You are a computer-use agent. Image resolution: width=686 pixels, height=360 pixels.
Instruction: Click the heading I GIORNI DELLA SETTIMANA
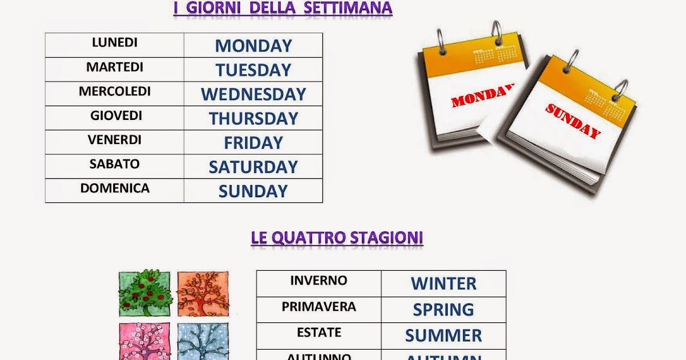283,8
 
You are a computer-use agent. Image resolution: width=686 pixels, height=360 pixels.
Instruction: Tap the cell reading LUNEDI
114,43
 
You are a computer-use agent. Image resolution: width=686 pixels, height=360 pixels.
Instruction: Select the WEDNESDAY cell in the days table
253,94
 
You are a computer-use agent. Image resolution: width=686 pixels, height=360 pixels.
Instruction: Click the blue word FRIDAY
253,143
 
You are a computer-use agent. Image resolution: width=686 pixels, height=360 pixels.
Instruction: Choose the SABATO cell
114,165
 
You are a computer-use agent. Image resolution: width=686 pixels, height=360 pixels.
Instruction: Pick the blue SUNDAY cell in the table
253,191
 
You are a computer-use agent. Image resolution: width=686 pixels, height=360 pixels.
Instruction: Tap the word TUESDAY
253,70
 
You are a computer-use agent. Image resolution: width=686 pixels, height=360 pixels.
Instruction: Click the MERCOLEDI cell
115,91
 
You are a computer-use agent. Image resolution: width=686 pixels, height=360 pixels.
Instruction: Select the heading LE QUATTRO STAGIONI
337,238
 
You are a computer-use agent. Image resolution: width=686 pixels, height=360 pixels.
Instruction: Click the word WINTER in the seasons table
444,283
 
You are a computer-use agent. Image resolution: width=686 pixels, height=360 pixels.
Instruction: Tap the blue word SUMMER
444,335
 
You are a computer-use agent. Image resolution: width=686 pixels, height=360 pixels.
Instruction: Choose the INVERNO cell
318,281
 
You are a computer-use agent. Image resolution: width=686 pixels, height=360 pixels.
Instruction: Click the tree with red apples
145,293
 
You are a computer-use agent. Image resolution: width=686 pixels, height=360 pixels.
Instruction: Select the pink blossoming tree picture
145,341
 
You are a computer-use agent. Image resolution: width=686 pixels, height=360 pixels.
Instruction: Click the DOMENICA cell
115,189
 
